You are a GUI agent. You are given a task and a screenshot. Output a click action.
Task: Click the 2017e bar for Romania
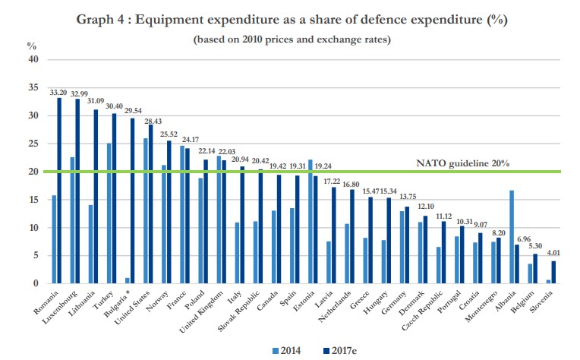pos(58,191)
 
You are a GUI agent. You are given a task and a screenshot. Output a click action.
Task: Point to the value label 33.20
pos(58,92)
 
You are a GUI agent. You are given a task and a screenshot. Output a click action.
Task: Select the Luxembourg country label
pos(61,308)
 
